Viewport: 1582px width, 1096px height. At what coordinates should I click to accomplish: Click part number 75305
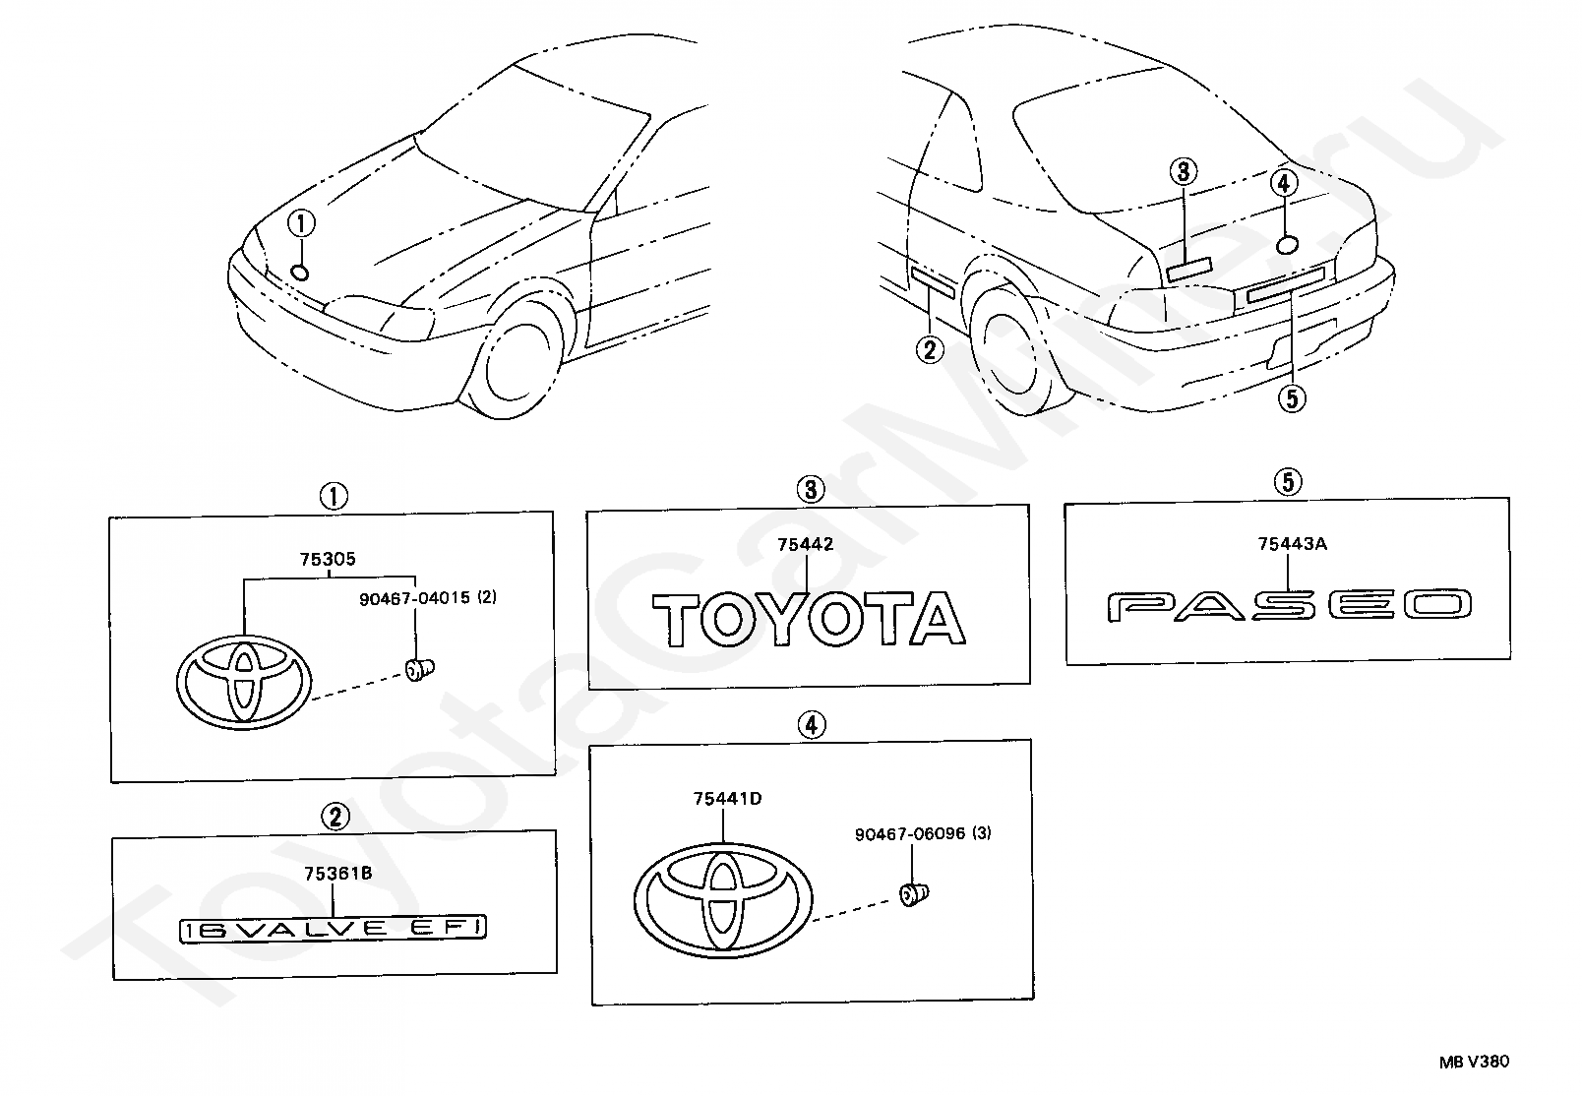coord(328,560)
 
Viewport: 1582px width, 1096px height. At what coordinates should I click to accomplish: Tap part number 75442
coord(805,544)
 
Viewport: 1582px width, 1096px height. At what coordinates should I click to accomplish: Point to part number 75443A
coord(1291,543)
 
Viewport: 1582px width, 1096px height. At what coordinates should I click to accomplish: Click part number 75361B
coord(337,873)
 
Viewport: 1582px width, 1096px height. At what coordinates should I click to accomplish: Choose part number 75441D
coord(727,799)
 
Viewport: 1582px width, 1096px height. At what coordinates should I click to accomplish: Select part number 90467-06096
coord(911,833)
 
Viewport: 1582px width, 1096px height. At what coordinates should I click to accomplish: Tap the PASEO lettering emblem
coord(1289,606)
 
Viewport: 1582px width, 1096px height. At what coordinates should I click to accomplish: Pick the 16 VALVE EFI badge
coord(334,928)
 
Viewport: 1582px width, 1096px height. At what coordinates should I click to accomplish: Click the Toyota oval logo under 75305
coord(245,680)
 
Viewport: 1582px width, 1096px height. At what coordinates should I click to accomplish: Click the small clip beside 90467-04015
coord(421,670)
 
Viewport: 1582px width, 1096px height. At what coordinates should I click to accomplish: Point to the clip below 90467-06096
coord(915,893)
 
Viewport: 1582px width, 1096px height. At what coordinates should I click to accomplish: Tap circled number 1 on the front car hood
coord(301,224)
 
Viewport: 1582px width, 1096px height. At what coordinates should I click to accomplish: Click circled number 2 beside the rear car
coord(929,349)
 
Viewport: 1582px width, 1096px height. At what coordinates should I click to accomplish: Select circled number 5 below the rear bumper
coord(1291,397)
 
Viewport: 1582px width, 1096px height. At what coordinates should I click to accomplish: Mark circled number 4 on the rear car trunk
coord(1283,183)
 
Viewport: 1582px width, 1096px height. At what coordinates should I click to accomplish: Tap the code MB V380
coord(1473,1061)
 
